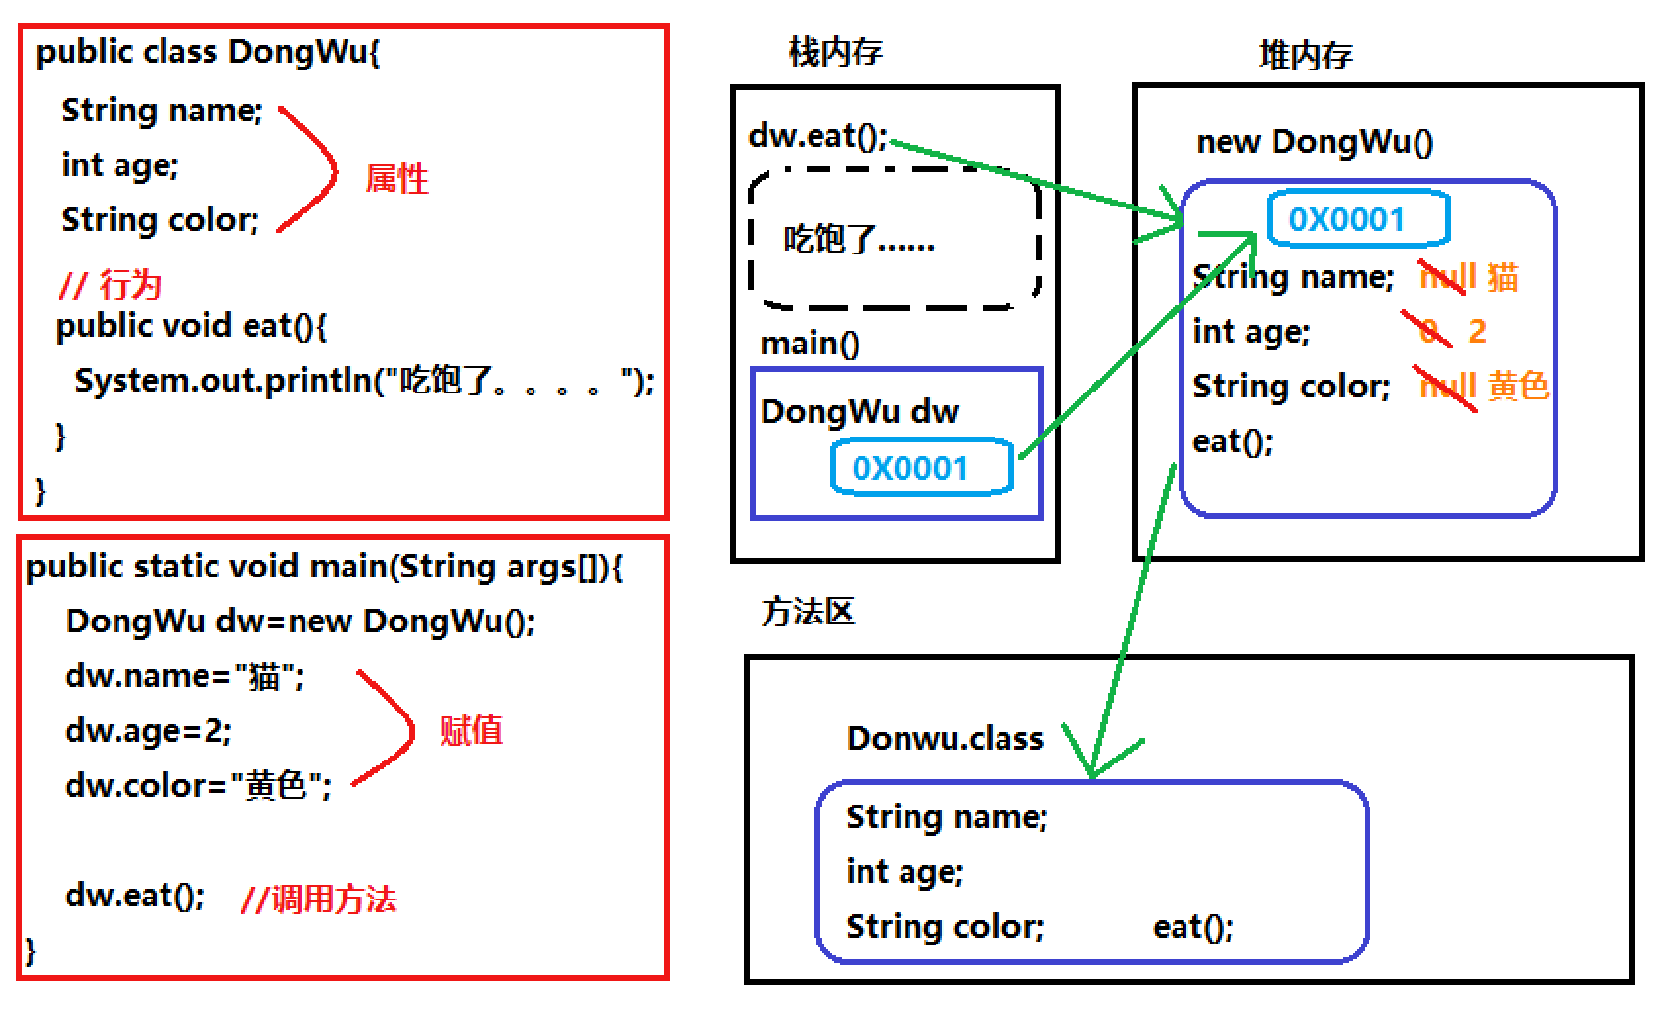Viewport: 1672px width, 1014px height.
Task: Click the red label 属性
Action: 396,179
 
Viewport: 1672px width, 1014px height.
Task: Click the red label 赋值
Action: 471,731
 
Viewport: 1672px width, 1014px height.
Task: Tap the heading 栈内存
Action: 835,51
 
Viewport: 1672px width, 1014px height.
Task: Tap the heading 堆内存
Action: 1305,55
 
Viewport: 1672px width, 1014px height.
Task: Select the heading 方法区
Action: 808,612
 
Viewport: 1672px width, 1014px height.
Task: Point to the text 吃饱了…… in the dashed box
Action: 859,239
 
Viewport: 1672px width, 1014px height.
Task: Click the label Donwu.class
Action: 945,738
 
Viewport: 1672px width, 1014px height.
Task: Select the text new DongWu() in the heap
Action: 1315,142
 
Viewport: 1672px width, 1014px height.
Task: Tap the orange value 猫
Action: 1503,278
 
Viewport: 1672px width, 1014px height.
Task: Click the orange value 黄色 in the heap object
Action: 1517,387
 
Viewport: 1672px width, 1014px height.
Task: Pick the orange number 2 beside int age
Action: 1477,332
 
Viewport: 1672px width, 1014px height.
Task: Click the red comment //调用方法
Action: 319,899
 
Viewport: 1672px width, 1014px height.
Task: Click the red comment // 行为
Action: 110,285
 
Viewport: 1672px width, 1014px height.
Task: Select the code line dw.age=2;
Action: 148,731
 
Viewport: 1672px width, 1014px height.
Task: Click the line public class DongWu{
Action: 208,52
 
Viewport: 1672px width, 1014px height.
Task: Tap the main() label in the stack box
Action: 810,344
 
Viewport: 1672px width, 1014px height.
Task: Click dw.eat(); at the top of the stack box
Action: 817,136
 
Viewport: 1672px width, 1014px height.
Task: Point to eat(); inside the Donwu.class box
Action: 1193,926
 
